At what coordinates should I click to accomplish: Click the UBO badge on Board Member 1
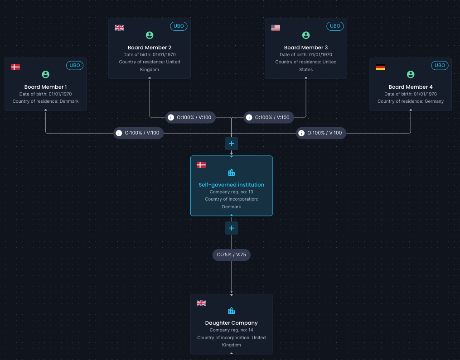pos(75,65)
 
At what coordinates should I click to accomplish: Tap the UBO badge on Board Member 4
pos(440,65)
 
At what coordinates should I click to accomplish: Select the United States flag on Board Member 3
pos(276,28)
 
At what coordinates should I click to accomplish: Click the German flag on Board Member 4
pos(380,67)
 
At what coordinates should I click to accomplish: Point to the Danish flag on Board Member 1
pos(15,67)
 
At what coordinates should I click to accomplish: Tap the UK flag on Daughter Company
pos(201,303)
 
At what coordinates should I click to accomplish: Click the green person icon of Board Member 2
pos(150,35)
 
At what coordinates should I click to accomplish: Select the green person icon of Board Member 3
pos(306,35)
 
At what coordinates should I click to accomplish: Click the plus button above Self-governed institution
pos(232,144)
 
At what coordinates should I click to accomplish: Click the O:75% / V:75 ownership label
pos(232,255)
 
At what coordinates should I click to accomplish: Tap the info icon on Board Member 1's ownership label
pos(119,133)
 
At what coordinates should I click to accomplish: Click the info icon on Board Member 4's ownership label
pos(301,133)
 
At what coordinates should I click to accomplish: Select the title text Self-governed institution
pos(232,185)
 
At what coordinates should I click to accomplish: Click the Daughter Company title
pos(232,323)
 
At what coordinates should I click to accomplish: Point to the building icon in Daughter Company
pos(232,311)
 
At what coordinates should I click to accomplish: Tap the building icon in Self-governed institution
pos(232,173)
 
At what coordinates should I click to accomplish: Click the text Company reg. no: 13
pos(232,192)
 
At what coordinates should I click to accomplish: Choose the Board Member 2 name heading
pos(150,48)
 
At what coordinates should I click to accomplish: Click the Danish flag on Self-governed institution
pos(201,165)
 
